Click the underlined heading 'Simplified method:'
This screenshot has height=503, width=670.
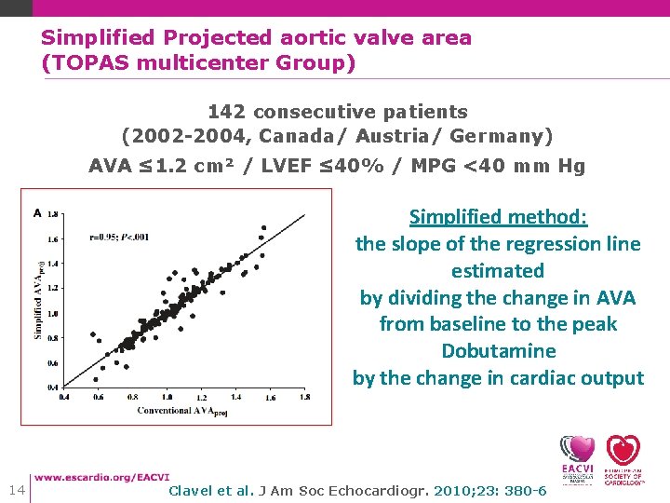coord(498,217)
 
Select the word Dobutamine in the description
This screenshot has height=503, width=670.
coord(498,351)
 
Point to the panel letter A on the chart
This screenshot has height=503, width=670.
coord(37,212)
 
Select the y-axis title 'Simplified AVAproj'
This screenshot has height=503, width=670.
coord(38,296)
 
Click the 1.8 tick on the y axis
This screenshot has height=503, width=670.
coord(53,213)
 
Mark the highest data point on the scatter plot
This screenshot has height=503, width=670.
coord(263,226)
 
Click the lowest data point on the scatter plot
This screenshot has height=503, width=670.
coord(96,379)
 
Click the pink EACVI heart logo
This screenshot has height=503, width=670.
coord(577,449)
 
